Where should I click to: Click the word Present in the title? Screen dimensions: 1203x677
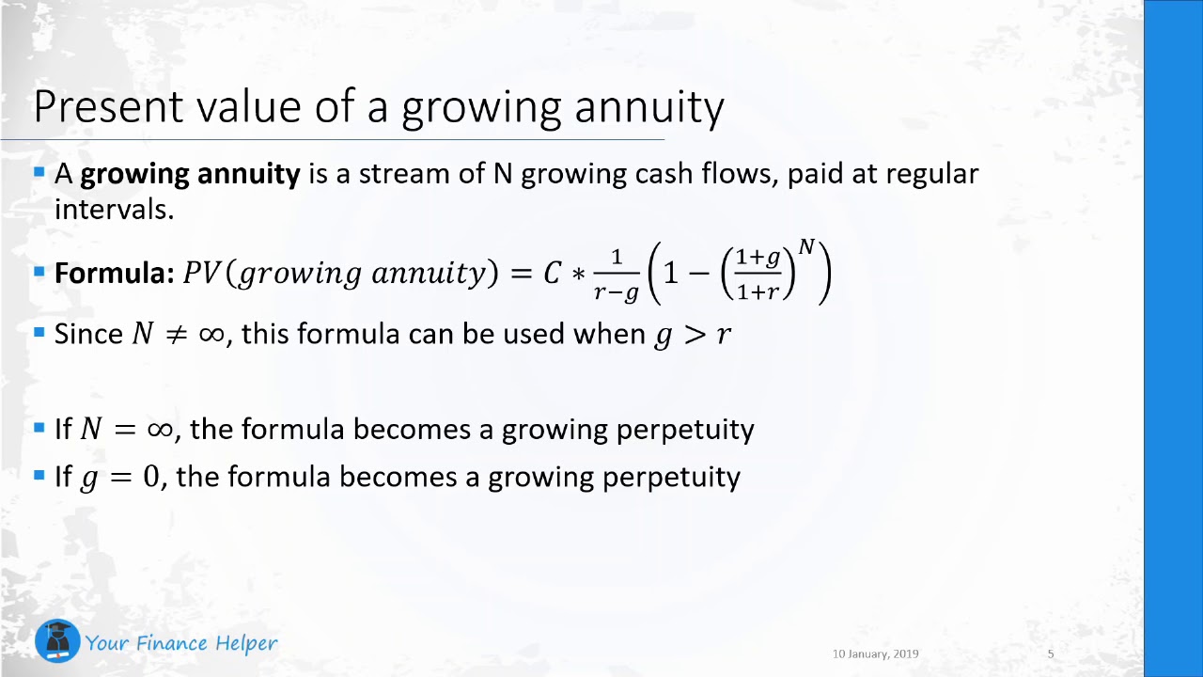pos(108,106)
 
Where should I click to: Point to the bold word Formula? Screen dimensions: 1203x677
pos(111,273)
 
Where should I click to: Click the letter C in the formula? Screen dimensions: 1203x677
pos(553,273)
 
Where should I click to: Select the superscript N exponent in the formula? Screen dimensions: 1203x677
pos(806,246)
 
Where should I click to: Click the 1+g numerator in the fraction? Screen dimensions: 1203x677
pos(758,258)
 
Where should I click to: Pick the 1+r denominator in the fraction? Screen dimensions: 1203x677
pos(758,291)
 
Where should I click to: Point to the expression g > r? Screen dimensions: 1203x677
pos(693,336)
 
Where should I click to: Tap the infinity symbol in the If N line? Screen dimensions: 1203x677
pos(160,430)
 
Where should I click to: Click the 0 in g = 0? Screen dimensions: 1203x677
pos(151,477)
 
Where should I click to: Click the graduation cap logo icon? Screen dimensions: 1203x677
pos(57,641)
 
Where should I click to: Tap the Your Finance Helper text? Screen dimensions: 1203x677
pos(181,643)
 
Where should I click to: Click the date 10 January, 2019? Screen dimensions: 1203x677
pos(875,653)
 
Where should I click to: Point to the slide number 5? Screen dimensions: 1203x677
pos(1051,653)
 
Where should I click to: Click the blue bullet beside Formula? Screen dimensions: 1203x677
pos(39,272)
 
